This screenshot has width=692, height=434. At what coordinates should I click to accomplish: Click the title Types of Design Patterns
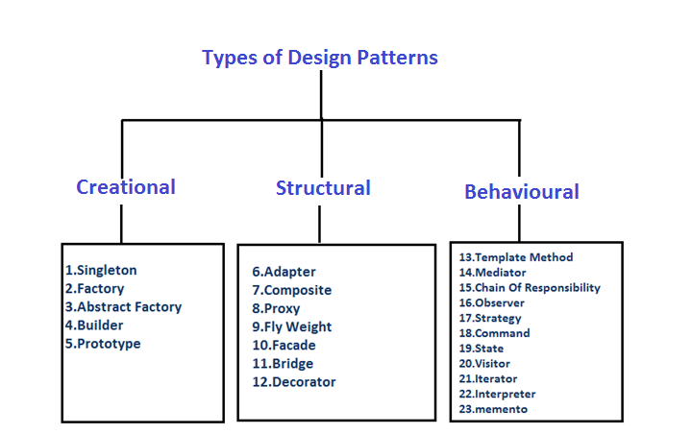tap(320, 58)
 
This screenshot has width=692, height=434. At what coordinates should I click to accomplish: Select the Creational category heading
tap(126, 187)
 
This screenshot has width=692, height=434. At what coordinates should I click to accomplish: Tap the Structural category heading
tap(323, 188)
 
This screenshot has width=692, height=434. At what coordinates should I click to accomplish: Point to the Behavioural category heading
tap(522, 192)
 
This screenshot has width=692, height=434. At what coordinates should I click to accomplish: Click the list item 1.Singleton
tap(101, 271)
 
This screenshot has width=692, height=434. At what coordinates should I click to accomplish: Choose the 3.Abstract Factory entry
tap(123, 307)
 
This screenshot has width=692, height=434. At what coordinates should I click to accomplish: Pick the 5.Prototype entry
tap(103, 344)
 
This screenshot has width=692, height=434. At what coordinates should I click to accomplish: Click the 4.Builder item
tap(95, 325)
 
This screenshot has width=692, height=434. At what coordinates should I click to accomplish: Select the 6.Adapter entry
tap(284, 272)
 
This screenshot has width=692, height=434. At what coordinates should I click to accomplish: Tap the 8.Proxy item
tap(276, 309)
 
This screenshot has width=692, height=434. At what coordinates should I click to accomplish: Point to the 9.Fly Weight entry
tap(292, 327)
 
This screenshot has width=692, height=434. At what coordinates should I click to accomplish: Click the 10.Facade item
tap(284, 346)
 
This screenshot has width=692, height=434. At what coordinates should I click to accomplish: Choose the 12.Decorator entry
tap(293, 382)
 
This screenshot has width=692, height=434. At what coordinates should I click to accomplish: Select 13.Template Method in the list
tap(516, 257)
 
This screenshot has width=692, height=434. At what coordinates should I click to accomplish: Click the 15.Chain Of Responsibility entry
tap(530, 288)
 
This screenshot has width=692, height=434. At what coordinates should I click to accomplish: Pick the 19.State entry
tap(482, 349)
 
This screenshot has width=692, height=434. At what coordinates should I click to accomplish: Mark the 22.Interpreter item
tap(498, 394)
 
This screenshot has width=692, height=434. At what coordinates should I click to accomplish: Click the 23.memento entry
tap(493, 409)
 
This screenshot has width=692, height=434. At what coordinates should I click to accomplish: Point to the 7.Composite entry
tap(291, 290)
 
